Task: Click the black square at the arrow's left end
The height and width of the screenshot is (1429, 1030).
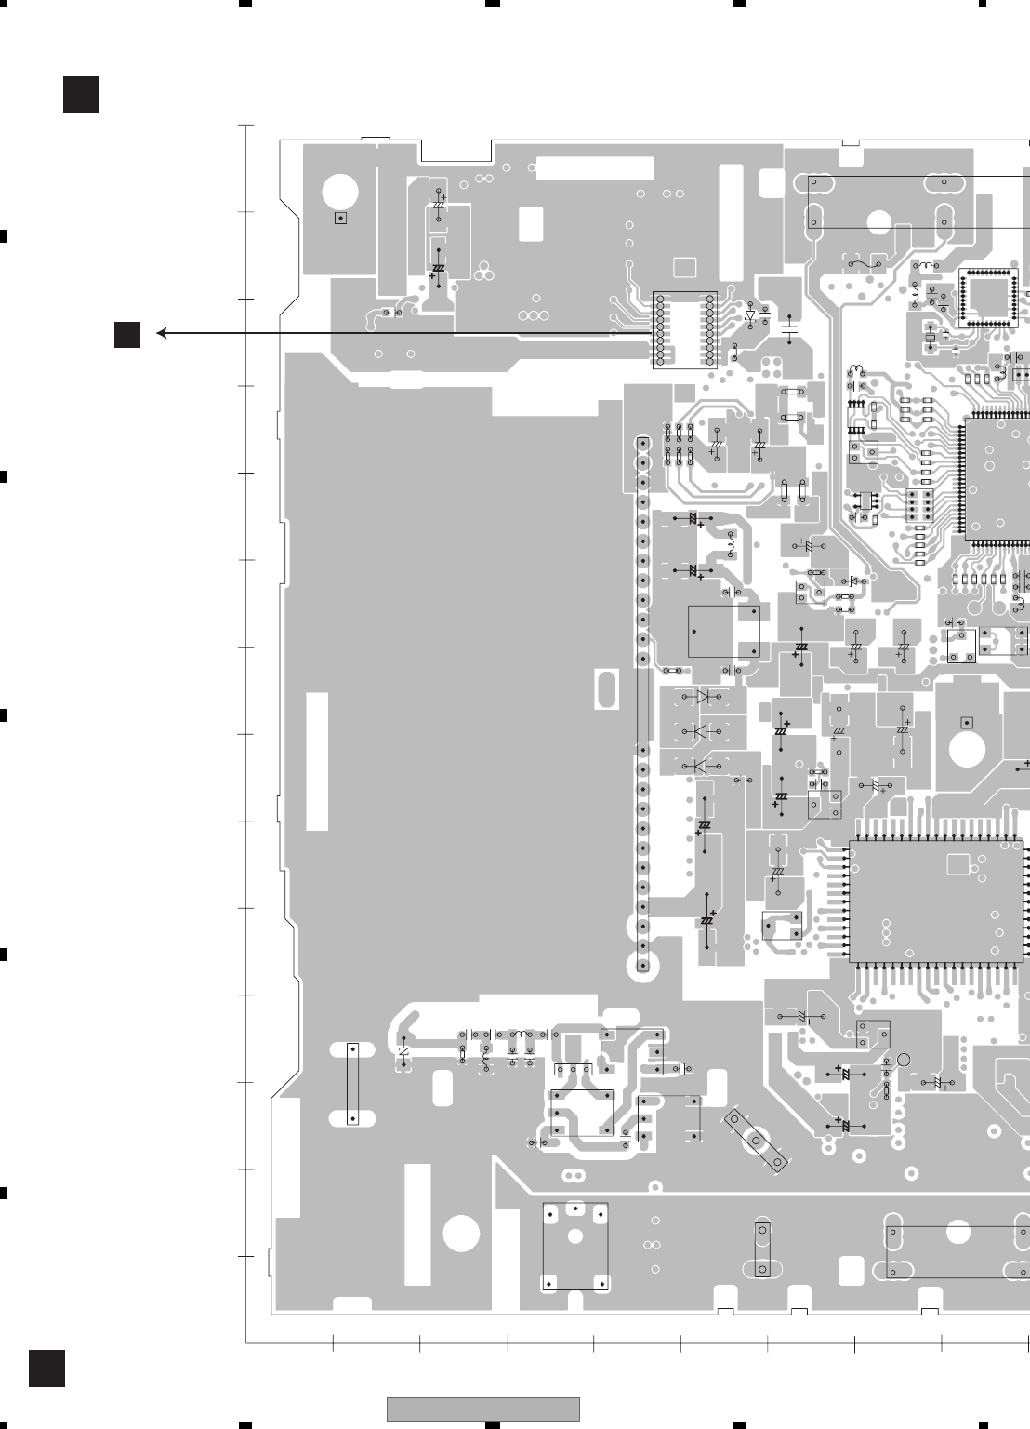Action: [x=127, y=334]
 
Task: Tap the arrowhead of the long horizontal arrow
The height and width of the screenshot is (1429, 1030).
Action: [x=162, y=333]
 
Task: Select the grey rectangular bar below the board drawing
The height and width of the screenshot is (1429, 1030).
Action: [x=482, y=1409]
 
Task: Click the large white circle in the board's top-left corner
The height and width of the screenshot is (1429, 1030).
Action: [x=340, y=194]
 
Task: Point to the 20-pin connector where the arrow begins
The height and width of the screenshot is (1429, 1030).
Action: [x=685, y=329]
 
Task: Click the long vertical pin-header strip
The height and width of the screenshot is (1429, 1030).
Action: [x=642, y=706]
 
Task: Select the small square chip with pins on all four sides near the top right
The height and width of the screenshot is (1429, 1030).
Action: [x=988, y=297]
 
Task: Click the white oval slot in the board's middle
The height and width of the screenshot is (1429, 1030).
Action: [x=605, y=689]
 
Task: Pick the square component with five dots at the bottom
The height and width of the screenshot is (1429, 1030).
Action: [x=575, y=1247]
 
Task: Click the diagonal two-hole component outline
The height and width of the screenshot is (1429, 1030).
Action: [x=756, y=1140]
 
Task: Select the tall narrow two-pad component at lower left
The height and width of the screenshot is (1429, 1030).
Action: [x=352, y=1084]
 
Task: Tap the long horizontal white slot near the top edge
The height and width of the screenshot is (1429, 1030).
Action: [x=595, y=168]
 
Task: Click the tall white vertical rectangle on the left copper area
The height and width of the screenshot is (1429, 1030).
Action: [x=317, y=761]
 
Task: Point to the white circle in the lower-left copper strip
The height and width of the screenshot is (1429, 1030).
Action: [x=461, y=1234]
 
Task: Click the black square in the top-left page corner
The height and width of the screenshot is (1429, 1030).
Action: [x=81, y=94]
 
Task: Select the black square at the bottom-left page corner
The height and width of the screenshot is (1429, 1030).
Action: [x=46, y=1368]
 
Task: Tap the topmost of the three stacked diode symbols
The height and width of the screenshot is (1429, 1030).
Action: [x=701, y=697]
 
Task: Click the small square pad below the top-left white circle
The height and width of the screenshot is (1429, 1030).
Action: [x=340, y=218]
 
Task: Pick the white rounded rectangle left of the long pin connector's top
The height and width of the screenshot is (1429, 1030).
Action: [x=531, y=223]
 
